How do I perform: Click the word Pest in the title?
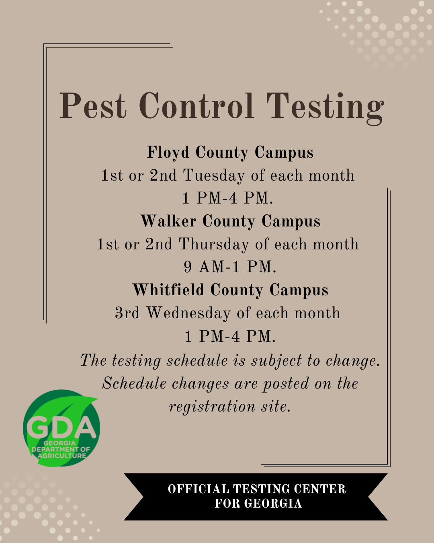92,105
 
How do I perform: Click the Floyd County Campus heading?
230,153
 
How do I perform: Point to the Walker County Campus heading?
230,222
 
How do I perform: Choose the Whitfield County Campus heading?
230,290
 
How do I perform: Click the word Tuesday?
214,176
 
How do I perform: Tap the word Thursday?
214,245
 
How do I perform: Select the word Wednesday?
188,313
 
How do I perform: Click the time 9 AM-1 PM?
230,267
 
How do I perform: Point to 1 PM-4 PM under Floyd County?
228,198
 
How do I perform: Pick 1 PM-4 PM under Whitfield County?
230,337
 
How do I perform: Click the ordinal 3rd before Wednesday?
127,313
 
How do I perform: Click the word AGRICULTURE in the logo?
62,456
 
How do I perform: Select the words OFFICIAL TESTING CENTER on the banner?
256,489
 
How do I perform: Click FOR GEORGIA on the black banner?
258,504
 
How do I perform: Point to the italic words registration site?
230,407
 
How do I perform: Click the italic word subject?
276,361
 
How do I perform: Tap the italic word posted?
286,384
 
